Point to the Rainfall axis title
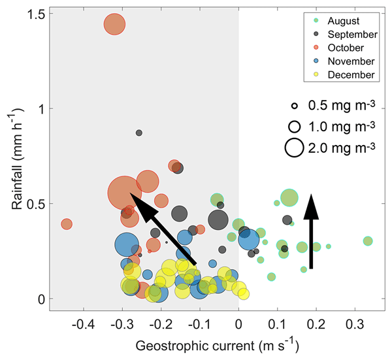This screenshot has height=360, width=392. tap(15, 157)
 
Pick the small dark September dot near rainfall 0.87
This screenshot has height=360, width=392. tap(139, 133)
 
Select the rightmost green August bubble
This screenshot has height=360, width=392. tap(368, 241)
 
